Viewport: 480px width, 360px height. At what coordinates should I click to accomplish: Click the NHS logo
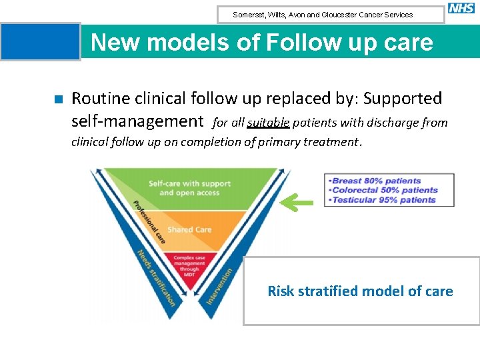pos(461,9)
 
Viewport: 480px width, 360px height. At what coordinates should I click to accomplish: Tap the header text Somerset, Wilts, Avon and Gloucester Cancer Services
pos(323,15)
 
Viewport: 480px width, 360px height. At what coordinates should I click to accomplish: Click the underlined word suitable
pos(267,122)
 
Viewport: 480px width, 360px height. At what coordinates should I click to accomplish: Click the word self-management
pos(137,121)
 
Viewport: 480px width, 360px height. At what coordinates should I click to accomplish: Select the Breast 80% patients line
pos(376,181)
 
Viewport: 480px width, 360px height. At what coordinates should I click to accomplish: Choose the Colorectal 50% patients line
pos(384,190)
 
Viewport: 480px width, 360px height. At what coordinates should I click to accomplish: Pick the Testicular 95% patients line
pos(383,199)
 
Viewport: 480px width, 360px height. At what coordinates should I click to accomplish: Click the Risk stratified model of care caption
pos(360,291)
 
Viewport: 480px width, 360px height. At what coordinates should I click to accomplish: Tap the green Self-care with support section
pos(189,187)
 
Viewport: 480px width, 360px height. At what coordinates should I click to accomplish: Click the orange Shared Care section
pos(189,229)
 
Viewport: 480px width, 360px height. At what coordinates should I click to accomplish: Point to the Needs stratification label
pos(155,277)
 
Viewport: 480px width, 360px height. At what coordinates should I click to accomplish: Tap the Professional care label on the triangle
pos(149,221)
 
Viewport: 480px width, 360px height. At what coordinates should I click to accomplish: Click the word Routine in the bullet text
pos(99,99)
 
